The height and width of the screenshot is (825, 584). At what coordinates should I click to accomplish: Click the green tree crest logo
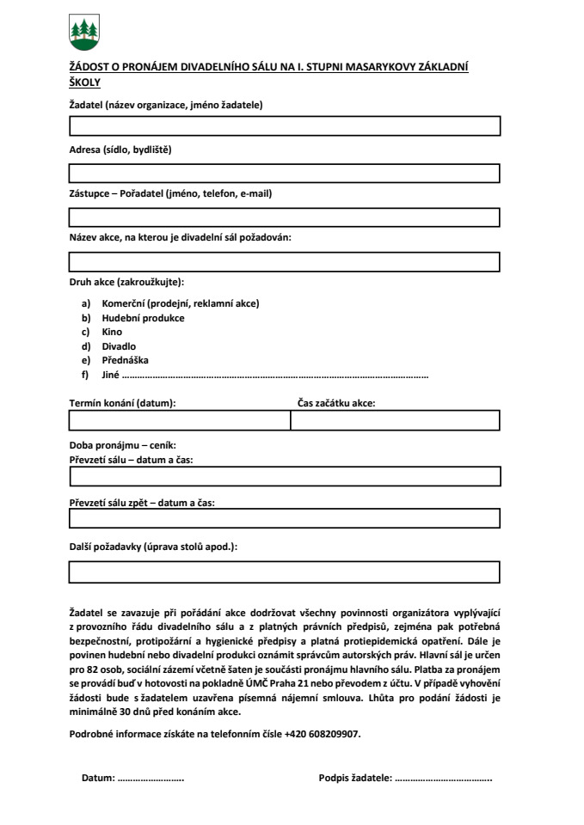[83, 33]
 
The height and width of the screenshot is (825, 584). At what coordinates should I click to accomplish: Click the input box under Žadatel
[284, 126]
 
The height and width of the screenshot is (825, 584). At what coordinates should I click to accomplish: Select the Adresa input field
[284, 173]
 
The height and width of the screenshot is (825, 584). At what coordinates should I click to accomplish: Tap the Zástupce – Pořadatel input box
[284, 217]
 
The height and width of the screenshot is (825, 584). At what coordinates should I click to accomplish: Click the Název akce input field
[284, 261]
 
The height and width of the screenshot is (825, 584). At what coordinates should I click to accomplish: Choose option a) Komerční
[180, 303]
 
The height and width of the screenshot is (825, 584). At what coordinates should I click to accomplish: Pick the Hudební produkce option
[143, 318]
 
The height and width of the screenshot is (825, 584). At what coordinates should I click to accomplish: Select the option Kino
[112, 332]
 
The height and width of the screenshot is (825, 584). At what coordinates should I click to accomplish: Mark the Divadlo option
[119, 346]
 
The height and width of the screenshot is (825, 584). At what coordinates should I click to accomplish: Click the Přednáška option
[125, 360]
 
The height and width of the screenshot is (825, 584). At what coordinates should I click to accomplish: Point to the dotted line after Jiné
[275, 376]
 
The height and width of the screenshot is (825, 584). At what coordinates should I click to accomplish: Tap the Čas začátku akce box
[395, 420]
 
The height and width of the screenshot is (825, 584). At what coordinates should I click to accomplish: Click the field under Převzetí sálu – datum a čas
[284, 477]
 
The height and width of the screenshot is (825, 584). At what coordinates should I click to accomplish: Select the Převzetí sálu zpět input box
[284, 518]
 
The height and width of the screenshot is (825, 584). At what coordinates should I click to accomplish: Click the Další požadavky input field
[284, 571]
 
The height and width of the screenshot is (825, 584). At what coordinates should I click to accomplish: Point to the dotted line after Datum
[151, 779]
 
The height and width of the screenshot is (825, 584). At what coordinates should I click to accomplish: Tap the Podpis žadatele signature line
[444, 779]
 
